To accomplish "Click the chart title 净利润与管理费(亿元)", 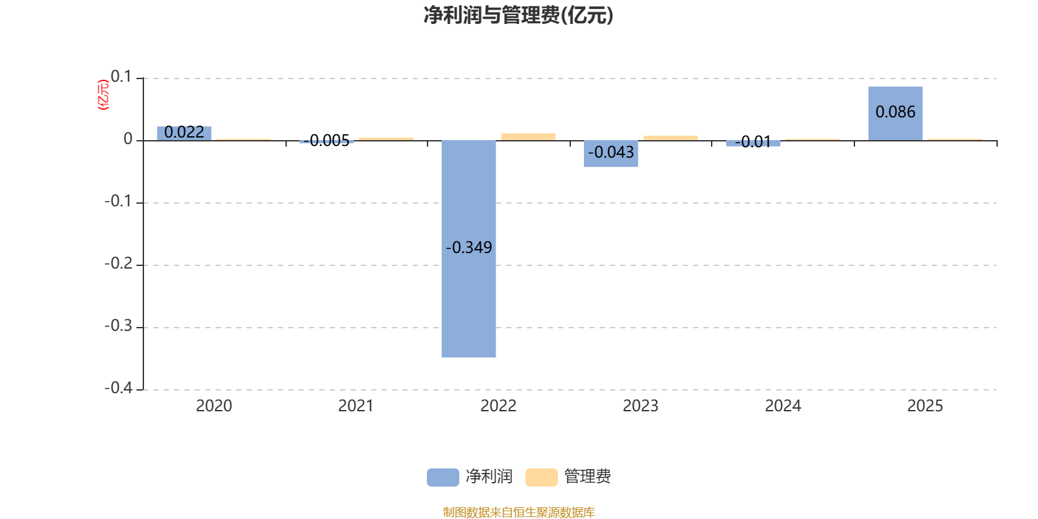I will (518, 15).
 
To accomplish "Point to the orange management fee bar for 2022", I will (528, 136).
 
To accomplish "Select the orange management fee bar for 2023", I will (670, 138).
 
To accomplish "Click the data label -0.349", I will (468, 247).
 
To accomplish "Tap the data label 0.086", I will (895, 112).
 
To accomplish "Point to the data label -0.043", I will (610, 152).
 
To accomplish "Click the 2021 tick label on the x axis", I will (356, 406).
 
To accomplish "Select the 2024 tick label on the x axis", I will (783, 406).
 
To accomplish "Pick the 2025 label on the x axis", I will (925, 406).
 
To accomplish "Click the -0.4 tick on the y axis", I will (118, 388).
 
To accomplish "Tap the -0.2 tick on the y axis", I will (118, 263).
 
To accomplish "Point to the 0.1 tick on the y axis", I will (121, 77).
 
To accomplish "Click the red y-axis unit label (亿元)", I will (103, 95).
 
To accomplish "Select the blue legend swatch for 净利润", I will (442, 477).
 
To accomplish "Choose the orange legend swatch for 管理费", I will (541, 477).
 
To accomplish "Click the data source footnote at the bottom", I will (518, 513).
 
